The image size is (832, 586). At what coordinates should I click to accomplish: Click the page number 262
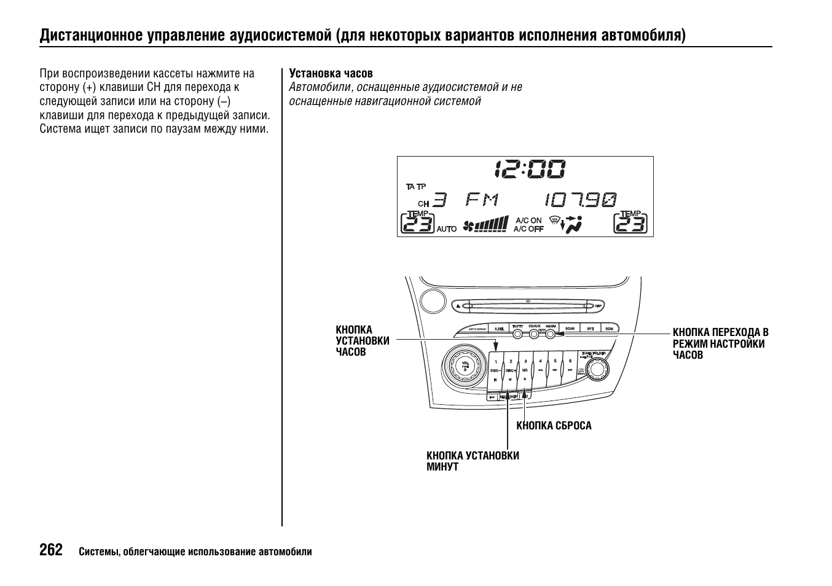51,550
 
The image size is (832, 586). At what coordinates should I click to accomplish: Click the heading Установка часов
331,74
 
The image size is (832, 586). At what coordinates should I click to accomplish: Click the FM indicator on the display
482,200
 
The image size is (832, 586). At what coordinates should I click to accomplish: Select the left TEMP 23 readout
418,223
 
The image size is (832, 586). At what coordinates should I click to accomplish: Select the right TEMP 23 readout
630,223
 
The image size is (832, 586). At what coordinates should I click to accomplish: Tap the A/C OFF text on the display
528,229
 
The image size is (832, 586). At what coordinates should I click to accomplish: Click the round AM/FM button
550,334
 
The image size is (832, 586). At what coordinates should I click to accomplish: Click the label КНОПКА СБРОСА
554,426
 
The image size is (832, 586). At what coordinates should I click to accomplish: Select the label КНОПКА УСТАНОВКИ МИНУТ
473,461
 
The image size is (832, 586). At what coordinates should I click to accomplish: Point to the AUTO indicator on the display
447,229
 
